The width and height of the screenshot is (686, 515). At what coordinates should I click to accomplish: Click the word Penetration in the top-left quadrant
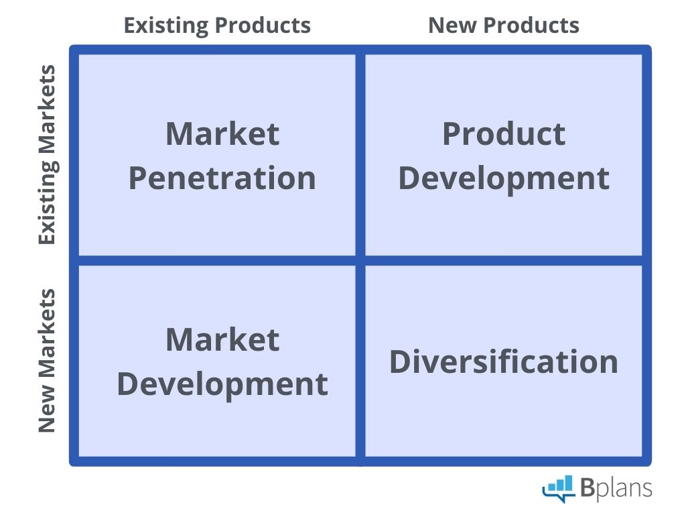click(222, 178)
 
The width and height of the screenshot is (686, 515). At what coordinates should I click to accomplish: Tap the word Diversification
click(504, 361)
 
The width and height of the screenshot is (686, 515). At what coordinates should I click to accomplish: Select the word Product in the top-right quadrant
click(504, 134)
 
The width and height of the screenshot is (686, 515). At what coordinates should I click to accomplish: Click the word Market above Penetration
click(222, 134)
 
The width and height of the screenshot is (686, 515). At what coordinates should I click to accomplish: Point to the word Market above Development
click(222, 339)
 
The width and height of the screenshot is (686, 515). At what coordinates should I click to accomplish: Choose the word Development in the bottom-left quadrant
click(222, 384)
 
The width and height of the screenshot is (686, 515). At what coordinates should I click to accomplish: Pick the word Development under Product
click(504, 178)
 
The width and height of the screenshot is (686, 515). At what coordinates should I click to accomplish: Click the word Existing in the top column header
click(165, 25)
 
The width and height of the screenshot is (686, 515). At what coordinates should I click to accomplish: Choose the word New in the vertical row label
click(47, 411)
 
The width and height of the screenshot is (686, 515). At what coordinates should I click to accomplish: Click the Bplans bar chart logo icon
click(559, 488)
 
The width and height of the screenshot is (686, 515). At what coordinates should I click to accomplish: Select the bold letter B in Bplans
click(588, 488)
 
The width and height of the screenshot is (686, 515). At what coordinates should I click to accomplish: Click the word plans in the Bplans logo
click(624, 489)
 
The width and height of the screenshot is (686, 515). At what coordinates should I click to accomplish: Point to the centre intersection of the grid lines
click(360, 260)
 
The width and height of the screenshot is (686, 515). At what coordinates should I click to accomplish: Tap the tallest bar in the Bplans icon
click(569, 483)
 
